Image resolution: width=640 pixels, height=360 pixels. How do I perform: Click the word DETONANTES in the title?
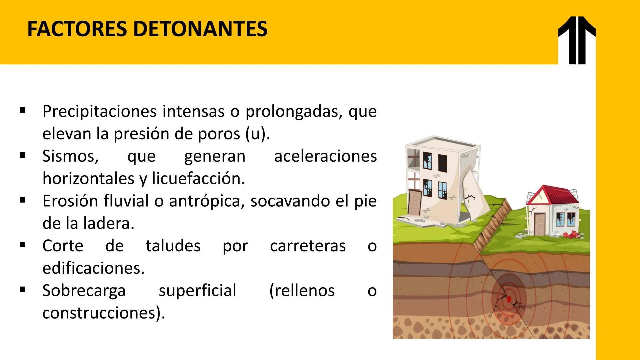(x=200, y=29)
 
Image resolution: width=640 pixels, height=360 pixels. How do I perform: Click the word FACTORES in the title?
(x=77, y=29)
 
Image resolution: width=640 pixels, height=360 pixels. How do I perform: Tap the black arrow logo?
(x=577, y=40)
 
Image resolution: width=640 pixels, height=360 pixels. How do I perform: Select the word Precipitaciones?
(x=99, y=111)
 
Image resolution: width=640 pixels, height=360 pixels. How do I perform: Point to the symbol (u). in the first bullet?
(x=258, y=134)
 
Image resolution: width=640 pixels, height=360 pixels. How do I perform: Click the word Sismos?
(x=70, y=156)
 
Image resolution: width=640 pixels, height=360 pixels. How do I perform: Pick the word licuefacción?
(x=199, y=179)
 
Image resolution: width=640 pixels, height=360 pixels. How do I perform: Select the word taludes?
(x=173, y=246)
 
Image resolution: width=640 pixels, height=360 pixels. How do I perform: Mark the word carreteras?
(x=308, y=246)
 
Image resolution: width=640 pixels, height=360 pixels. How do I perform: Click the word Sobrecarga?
(x=84, y=290)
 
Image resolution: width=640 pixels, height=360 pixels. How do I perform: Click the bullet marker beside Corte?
(x=23, y=245)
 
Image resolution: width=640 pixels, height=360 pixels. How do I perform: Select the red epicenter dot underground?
(x=509, y=299)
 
